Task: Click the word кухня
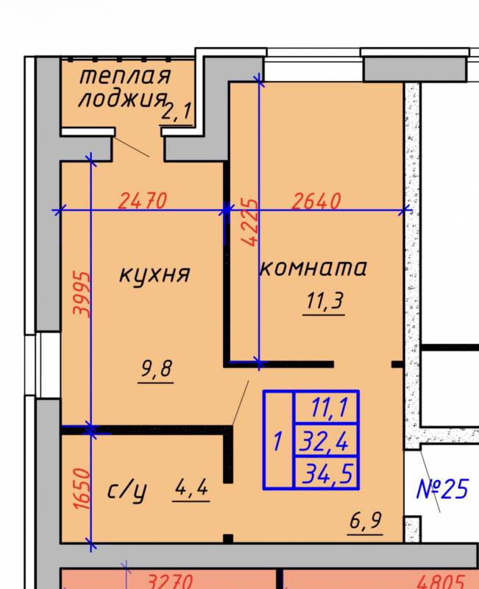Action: point(155,275)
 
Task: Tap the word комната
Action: point(313,268)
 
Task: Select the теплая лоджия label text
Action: point(124,88)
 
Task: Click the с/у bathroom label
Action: point(127,491)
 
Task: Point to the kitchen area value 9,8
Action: point(157,369)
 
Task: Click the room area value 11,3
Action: point(324,301)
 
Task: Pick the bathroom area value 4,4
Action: point(191,487)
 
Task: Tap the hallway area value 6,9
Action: point(365,521)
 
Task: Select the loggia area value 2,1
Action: point(177,112)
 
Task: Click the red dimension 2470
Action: point(142,200)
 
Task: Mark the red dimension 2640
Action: point(316,200)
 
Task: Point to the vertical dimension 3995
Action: point(82,294)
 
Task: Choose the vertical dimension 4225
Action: point(249,222)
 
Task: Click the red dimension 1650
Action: point(82,489)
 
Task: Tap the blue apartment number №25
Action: point(443,489)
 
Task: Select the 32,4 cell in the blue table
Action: point(325,441)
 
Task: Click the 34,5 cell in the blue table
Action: point(325,473)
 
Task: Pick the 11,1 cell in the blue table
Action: point(325,408)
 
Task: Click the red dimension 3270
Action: point(170,581)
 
